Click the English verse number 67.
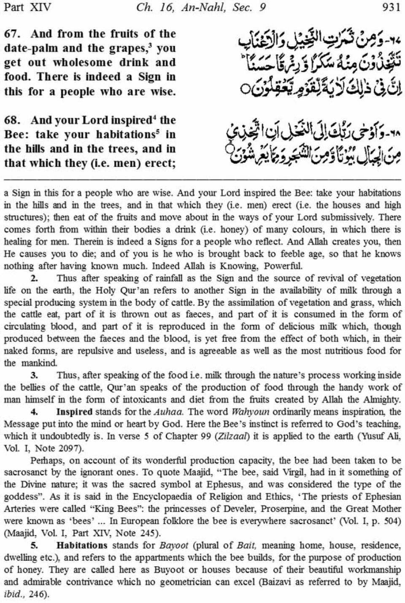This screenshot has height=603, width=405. (x=13, y=34)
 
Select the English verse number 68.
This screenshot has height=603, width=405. (x=13, y=121)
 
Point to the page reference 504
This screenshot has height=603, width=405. (x=391, y=522)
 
